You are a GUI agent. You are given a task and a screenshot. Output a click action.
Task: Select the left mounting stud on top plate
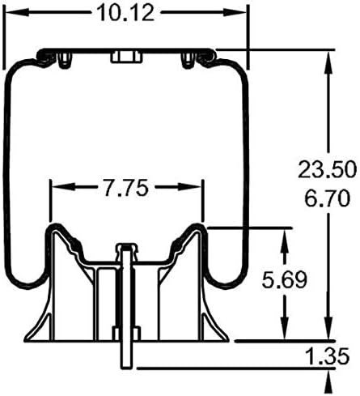65,57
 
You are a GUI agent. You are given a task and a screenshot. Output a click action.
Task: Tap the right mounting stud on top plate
188,57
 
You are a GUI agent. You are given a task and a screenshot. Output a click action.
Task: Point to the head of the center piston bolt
124,247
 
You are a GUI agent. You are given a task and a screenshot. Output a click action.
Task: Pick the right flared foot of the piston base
215,332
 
